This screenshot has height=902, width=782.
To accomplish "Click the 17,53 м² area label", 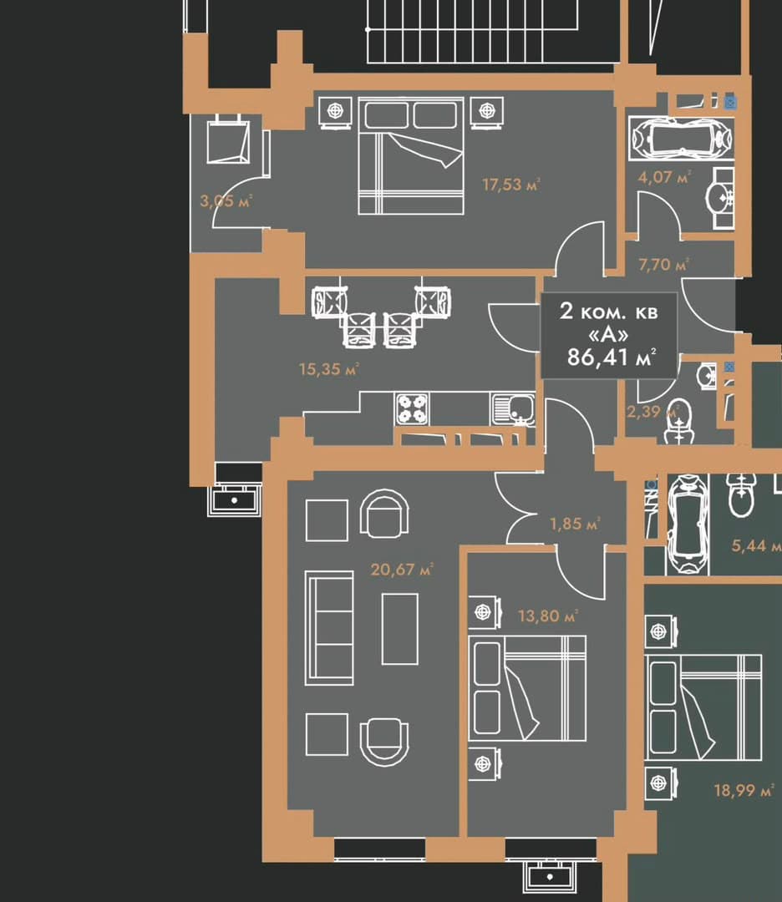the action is [x=511, y=185].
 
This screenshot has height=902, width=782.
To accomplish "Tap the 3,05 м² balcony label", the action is [x=226, y=200].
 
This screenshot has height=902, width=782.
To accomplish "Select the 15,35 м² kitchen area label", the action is [x=328, y=369].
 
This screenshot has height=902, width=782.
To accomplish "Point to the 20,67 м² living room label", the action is [x=401, y=570].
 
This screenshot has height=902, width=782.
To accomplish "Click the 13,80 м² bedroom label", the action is [x=547, y=616].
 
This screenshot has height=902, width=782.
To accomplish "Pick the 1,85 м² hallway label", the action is [x=575, y=524].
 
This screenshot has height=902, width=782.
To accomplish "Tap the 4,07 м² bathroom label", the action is [x=663, y=176].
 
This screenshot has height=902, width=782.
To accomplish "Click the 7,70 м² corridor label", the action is [x=663, y=265].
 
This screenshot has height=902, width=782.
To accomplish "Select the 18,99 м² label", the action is [x=744, y=790].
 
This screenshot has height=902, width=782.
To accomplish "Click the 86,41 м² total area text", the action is [x=611, y=357].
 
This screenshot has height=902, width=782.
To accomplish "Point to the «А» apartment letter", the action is [x=608, y=334].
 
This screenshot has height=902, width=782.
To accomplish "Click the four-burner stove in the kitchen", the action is [x=412, y=409].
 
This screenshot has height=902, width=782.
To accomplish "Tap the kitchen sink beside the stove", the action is [x=513, y=409].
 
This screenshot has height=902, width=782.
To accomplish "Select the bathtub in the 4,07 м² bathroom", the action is [x=681, y=138].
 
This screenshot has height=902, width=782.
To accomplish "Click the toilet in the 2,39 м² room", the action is [x=679, y=422].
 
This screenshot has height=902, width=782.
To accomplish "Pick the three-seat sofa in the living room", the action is [x=328, y=628].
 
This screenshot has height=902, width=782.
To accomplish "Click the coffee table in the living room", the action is [x=400, y=630].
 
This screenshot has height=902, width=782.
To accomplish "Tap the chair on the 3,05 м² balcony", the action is [x=228, y=139].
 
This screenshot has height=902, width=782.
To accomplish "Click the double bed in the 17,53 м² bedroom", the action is [x=411, y=156].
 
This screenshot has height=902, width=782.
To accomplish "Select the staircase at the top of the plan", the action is [x=472, y=31].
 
